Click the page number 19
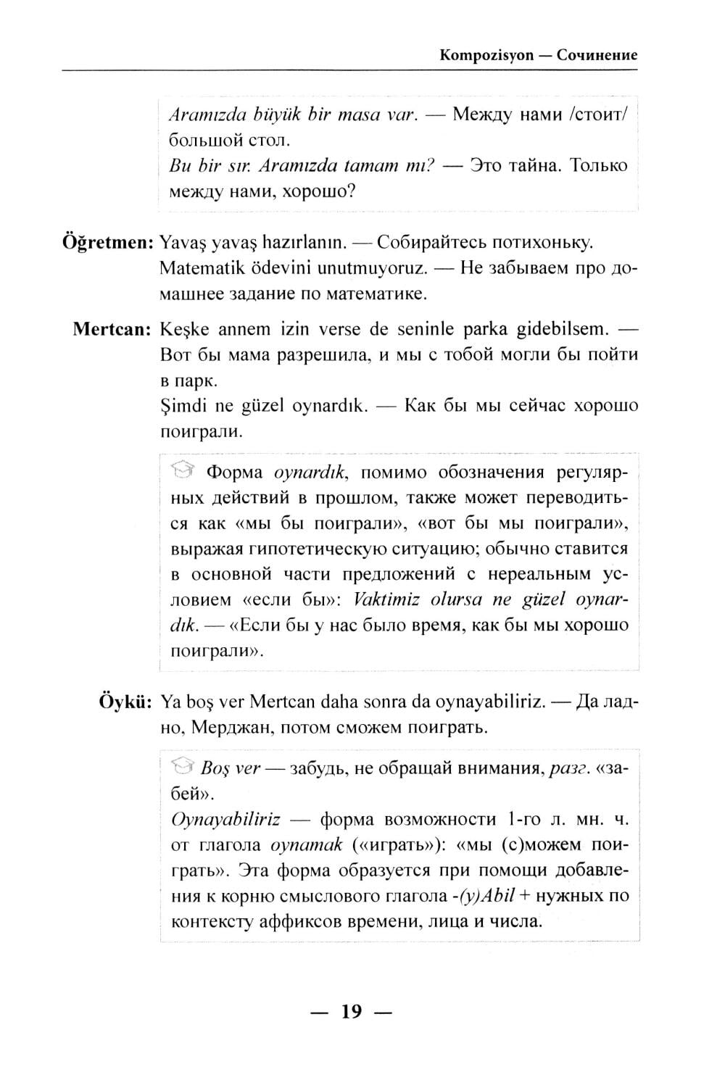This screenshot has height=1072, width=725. (x=352, y=1011)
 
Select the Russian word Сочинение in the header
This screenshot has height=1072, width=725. (x=597, y=55)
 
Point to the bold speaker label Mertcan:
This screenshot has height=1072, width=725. (x=112, y=330)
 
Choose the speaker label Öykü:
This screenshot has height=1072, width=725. (x=125, y=702)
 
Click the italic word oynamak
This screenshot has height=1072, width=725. (x=305, y=845)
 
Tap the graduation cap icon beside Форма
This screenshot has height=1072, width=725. (x=183, y=473)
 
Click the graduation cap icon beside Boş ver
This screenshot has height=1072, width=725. (x=183, y=768)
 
